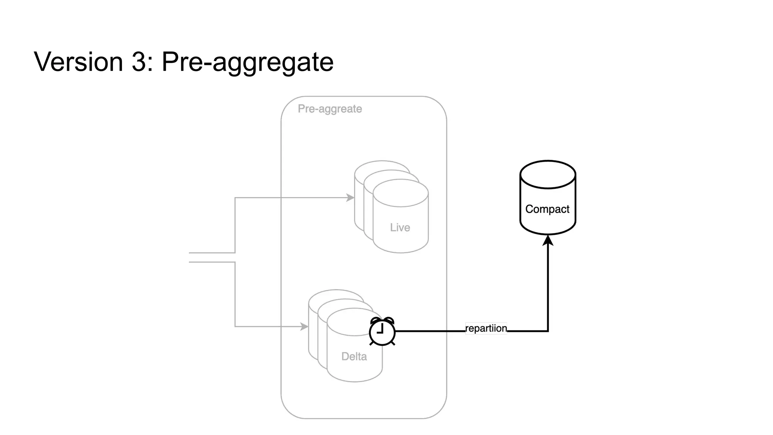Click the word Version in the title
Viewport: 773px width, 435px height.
79,62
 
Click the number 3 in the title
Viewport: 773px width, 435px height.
139,62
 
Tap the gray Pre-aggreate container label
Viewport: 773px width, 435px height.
330,109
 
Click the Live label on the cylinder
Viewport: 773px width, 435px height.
400,227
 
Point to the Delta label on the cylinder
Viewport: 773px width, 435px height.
354,356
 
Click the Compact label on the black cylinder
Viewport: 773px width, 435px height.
547,209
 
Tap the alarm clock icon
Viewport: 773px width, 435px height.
382,332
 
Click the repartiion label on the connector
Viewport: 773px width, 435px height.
486,328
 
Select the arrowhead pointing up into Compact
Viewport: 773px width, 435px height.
548,240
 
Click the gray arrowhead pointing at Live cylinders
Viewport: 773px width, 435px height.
350,197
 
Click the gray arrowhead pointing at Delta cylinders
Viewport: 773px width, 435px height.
304,326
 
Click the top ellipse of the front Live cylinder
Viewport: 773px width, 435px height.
400,193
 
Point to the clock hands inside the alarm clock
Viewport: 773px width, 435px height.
381,329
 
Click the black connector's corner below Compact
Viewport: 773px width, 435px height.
548,331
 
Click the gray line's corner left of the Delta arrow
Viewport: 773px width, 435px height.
235,326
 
